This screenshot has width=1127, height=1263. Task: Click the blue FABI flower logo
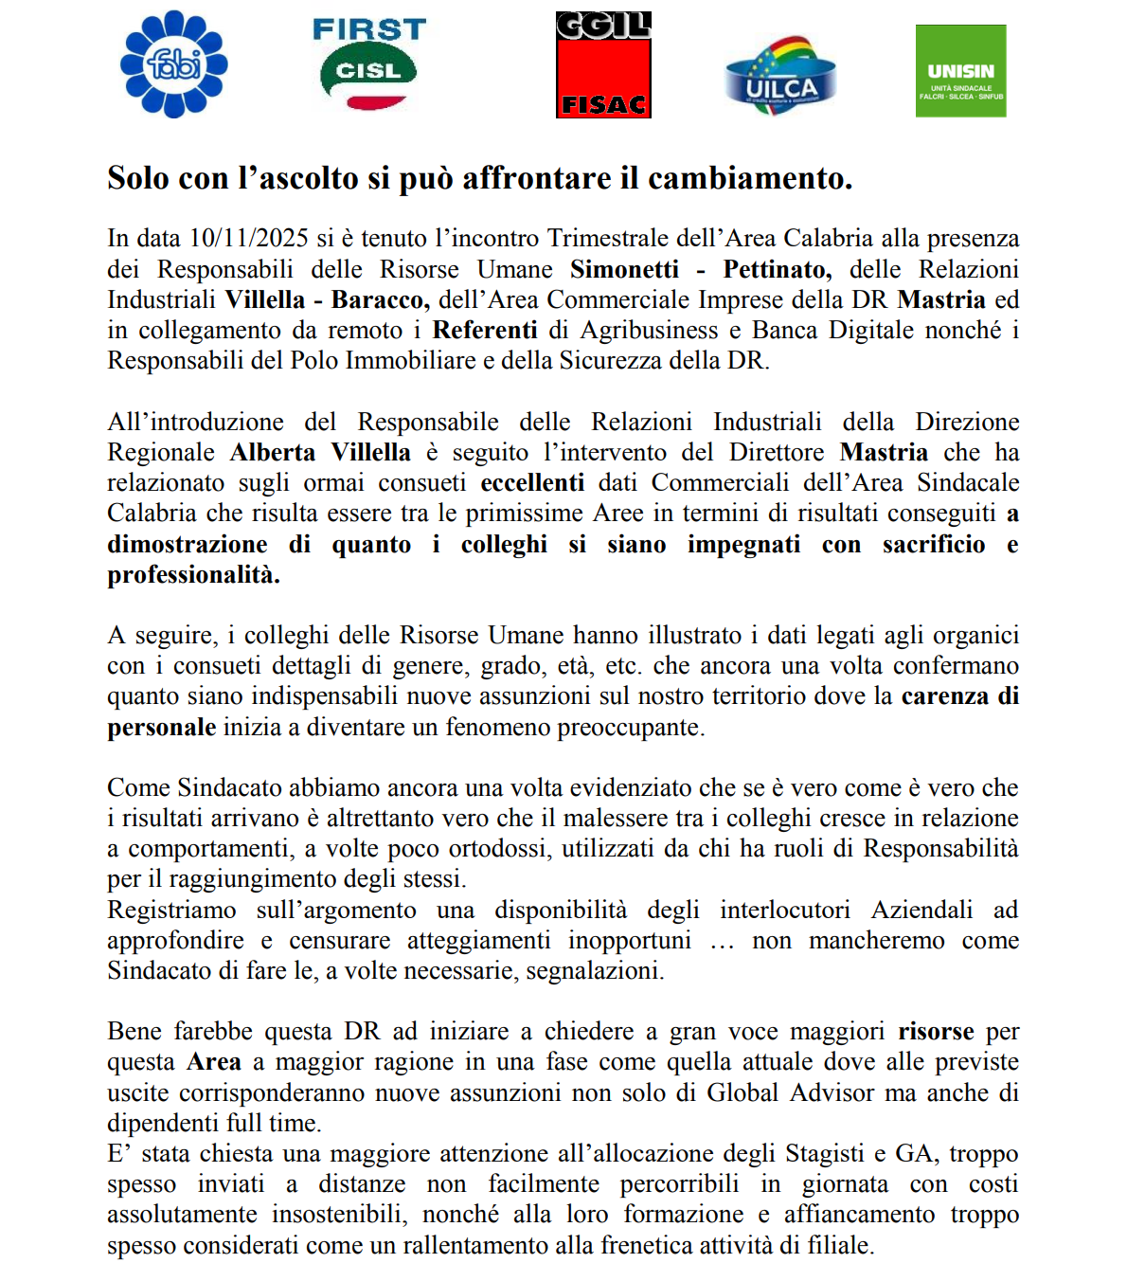click(x=174, y=64)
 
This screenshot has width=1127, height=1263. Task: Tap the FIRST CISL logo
click(x=369, y=63)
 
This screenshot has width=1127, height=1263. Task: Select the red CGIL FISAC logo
click(x=603, y=64)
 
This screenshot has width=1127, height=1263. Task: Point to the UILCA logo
click(x=780, y=77)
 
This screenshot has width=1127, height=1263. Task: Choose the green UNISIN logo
click(x=960, y=71)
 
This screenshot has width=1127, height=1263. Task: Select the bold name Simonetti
click(x=625, y=269)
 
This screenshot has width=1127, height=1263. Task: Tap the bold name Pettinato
click(x=777, y=269)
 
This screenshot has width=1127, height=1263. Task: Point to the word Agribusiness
click(x=649, y=330)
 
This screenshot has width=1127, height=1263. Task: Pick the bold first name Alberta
click(x=273, y=452)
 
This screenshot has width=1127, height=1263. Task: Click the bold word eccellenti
click(x=532, y=482)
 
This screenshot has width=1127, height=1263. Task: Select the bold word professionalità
click(x=193, y=575)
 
